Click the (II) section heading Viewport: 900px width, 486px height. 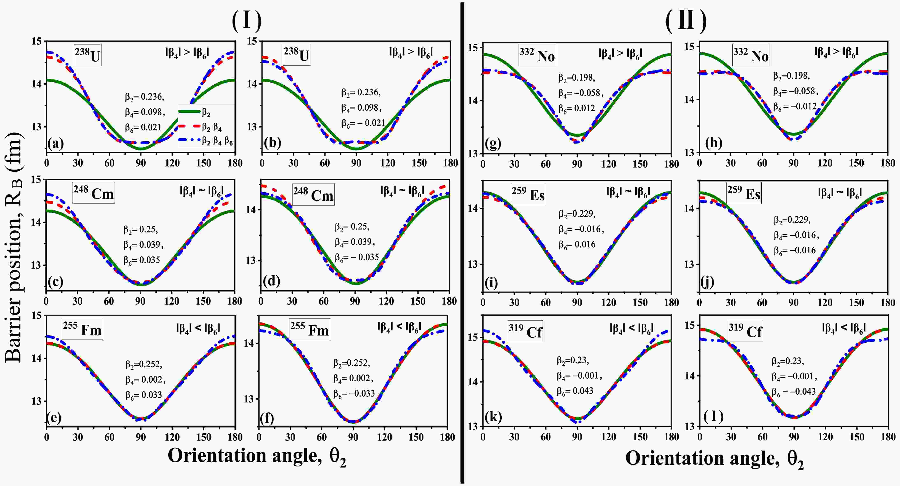click(686, 21)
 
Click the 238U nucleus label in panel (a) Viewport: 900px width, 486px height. click(88, 55)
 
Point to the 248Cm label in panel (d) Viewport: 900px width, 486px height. click(313, 194)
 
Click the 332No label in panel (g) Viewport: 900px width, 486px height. click(537, 55)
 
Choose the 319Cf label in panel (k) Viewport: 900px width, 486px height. click(525, 331)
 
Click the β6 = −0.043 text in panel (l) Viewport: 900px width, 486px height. click(794, 392)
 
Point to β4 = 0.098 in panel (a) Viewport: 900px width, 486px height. click(145, 112)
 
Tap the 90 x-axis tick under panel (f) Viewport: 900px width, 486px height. click(353, 437)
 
